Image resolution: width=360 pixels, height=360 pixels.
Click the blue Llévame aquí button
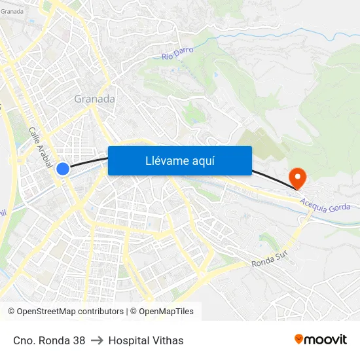coord(179,160)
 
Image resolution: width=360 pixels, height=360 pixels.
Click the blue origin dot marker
coord(63,169)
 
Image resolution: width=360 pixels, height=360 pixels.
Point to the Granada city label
coord(94,99)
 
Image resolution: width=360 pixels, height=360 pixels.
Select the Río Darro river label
coord(176,54)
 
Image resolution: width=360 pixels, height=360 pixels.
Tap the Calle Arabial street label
coord(40,147)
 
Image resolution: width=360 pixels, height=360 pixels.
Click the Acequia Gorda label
coord(326,205)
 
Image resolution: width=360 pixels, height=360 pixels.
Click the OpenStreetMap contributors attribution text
coord(65,312)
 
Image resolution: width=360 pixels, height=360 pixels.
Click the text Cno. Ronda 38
coord(49,340)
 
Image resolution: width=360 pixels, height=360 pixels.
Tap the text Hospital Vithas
coord(146,340)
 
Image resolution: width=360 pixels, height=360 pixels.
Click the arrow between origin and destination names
coord(97,340)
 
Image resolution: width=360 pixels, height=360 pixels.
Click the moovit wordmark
coord(326,340)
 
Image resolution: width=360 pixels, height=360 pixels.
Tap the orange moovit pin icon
coord(299,339)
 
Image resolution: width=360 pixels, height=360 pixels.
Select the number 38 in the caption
coord(79,340)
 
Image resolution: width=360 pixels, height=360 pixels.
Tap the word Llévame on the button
coord(166,160)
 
